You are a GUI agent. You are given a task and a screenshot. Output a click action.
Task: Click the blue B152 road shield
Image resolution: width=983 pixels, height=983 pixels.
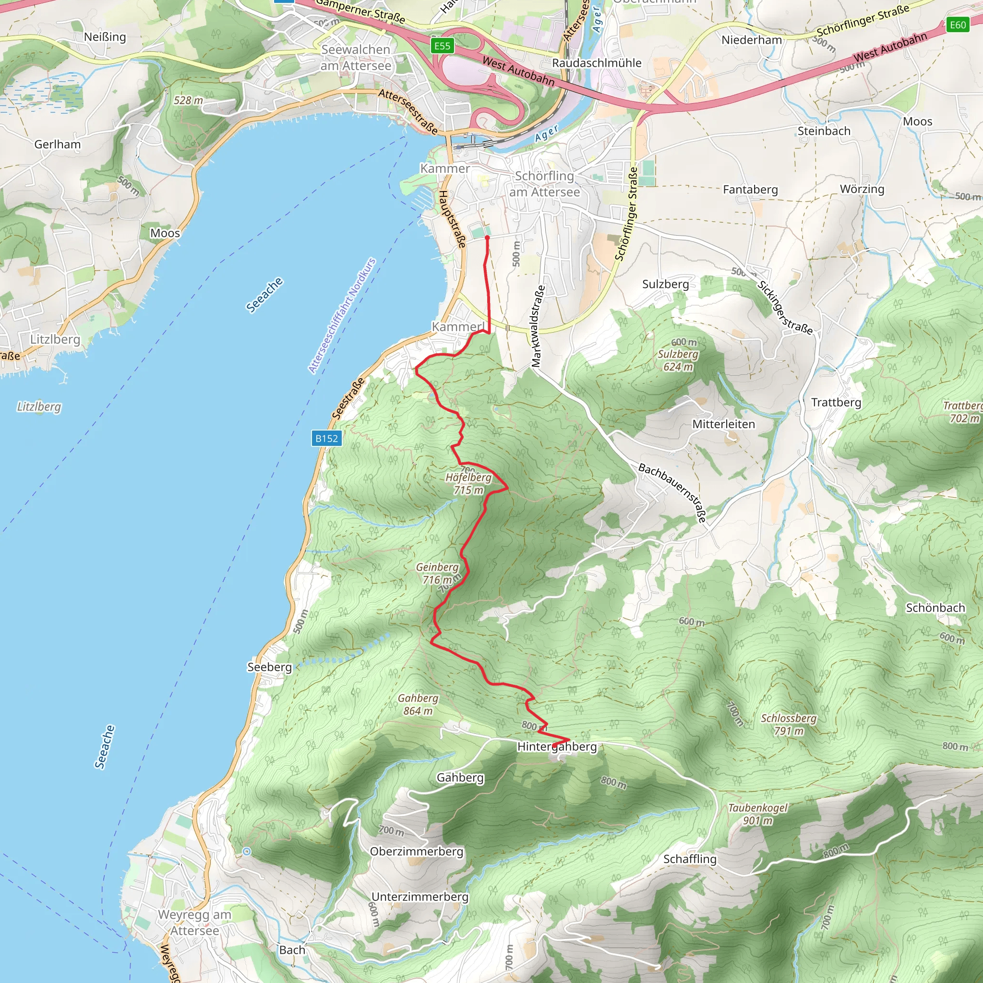pyautogui.click(x=326, y=439)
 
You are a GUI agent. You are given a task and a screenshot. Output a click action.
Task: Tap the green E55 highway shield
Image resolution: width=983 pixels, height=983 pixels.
pyautogui.click(x=442, y=46)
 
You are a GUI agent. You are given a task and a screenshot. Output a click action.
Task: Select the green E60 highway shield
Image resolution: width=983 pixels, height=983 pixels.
pyautogui.click(x=958, y=24)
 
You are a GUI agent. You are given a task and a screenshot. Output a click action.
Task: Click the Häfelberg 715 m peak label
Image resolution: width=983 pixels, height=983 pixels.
pyautogui.click(x=468, y=483)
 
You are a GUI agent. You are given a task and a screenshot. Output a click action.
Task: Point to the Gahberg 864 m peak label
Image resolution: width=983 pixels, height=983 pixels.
pyautogui.click(x=418, y=704)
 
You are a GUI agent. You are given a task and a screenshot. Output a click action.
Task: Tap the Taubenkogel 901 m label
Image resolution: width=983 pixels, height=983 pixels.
pyautogui.click(x=757, y=814)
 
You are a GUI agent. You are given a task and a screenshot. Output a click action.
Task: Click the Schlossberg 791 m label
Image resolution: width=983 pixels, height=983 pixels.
pyautogui.click(x=789, y=724)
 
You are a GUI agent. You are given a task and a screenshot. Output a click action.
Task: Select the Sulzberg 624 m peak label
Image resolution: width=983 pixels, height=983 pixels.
pyautogui.click(x=678, y=360)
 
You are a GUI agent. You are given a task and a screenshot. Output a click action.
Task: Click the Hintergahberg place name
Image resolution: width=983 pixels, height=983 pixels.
pyautogui.click(x=557, y=746)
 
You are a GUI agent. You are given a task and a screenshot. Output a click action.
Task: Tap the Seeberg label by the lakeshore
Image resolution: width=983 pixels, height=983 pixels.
pyautogui.click(x=269, y=667)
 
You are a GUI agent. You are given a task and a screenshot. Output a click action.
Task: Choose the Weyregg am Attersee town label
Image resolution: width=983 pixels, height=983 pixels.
pyautogui.click(x=194, y=923)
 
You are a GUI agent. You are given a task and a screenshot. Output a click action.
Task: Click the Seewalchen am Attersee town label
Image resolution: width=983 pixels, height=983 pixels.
pyautogui.click(x=356, y=58)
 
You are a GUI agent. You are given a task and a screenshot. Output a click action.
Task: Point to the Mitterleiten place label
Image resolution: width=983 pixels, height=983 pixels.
pyautogui.click(x=723, y=424)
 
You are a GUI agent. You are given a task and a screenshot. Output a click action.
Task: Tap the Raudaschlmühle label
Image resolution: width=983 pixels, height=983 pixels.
pyautogui.click(x=597, y=63)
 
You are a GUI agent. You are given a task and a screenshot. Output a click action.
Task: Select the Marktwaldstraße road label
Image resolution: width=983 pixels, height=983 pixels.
pyautogui.click(x=537, y=326)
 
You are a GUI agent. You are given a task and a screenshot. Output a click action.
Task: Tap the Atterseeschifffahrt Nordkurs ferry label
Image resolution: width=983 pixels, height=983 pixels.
pyautogui.click(x=342, y=315)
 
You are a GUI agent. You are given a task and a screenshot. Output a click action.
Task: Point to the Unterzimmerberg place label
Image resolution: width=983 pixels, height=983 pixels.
pyautogui.click(x=420, y=897)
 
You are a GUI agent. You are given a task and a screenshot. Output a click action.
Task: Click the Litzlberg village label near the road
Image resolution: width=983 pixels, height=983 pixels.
pyautogui.click(x=55, y=339)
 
